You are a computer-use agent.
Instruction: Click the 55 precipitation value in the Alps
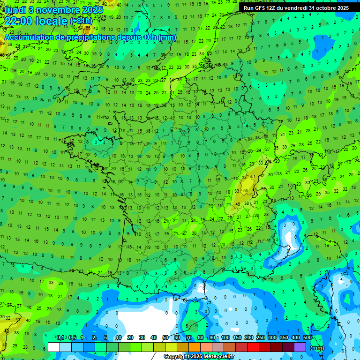tap(246, 190)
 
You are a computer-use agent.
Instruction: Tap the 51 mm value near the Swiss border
tap(253, 177)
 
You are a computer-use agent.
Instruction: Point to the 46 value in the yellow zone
tap(238, 204)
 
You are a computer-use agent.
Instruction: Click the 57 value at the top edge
tap(111, 4)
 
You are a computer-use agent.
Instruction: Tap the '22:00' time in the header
tap(18, 21)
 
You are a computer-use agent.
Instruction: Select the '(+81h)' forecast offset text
tap(81, 21)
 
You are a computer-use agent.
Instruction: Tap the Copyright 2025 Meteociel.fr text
tap(199, 357)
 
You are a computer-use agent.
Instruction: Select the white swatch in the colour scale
tap(54, 347)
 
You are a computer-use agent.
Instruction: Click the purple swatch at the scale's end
tap(300, 347)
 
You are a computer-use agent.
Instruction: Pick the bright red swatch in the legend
tap(253, 347)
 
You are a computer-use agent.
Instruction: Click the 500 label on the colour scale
tap(307, 338)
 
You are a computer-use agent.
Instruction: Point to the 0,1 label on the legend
tap(60, 338)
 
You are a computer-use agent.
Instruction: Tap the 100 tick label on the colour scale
tap(225, 338)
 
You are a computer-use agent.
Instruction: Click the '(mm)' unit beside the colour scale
tap(317, 348)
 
